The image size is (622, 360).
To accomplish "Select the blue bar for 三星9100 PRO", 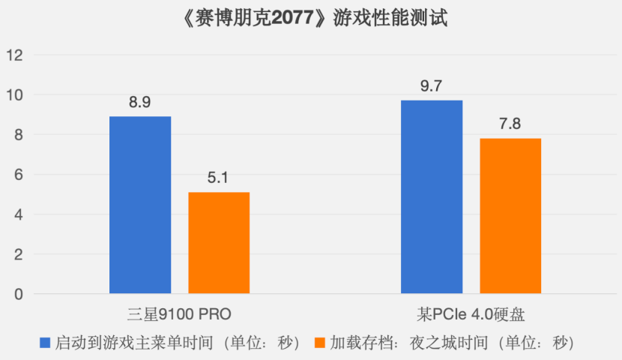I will click(140, 205).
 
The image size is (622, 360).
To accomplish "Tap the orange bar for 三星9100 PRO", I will click(219, 243).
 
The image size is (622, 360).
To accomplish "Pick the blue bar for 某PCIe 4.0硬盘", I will click(432, 196).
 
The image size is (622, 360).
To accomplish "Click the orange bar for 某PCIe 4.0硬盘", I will click(510, 216).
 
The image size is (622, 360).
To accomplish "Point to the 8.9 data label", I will click(140, 103).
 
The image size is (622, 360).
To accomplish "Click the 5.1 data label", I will click(219, 178).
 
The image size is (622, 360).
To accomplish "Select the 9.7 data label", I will click(432, 86).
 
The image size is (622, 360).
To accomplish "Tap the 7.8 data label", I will click(510, 124).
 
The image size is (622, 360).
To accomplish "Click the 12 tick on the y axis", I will click(16, 55).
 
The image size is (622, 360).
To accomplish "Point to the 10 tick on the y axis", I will click(16, 95).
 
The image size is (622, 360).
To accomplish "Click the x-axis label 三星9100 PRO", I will click(179, 313).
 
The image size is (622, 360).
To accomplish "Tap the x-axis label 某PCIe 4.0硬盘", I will click(471, 313).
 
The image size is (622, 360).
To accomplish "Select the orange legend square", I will click(320, 343).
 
